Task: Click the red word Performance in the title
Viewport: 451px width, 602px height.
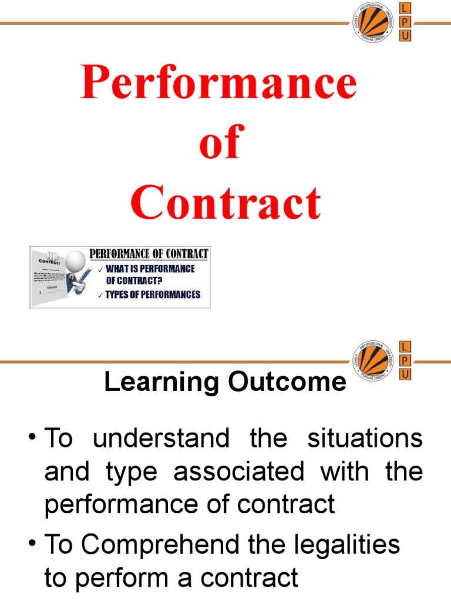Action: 219,83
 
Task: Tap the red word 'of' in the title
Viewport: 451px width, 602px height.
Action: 219,143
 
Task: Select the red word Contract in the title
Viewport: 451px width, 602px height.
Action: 225,203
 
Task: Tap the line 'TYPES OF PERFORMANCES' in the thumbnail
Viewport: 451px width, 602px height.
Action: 153,295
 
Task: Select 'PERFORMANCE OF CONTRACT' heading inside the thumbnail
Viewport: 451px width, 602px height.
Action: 149,254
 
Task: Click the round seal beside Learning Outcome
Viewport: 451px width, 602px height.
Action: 372,359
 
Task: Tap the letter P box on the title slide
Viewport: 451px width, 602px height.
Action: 405,22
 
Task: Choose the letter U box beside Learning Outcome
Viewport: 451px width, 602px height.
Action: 405,373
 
